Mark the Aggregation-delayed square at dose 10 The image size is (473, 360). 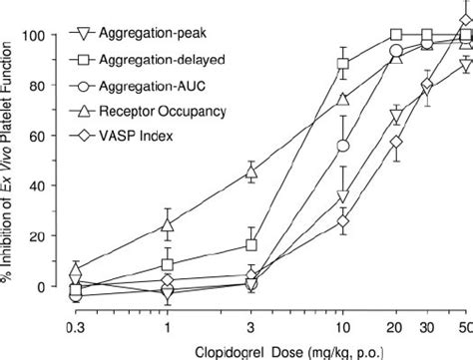[343, 64]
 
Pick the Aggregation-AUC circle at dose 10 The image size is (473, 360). [343, 146]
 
